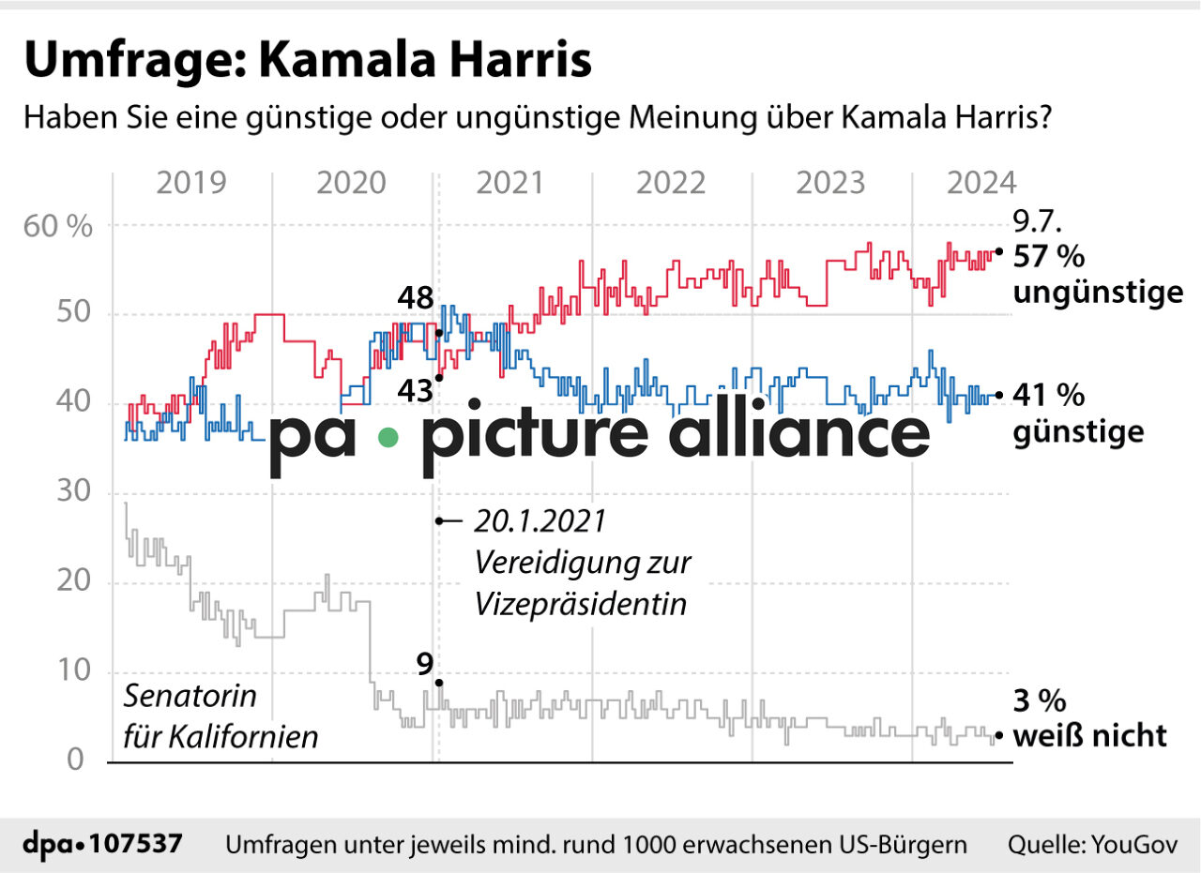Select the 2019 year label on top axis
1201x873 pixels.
[191, 182]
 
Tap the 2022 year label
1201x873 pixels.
[671, 182]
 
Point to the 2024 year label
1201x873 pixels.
[981, 182]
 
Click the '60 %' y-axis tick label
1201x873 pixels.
[59, 226]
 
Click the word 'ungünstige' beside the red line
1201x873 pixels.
[1098, 293]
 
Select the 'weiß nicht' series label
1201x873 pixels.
[1090, 736]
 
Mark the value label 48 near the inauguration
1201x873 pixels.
[414, 299]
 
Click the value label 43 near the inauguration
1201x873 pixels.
[414, 388]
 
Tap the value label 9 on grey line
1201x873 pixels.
[425, 665]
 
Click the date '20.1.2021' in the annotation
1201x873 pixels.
[540, 521]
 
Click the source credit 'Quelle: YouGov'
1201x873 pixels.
[1092, 844]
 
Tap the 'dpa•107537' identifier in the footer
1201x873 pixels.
[102, 844]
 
